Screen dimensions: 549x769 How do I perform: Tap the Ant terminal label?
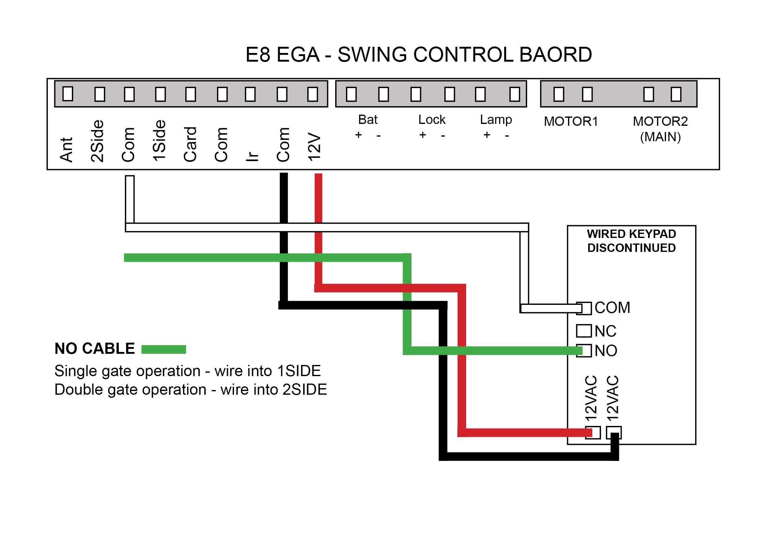coord(66,149)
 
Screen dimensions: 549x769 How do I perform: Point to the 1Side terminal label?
coord(159,141)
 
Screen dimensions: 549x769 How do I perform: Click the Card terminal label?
coord(190,144)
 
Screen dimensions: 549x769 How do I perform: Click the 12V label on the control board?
coord(314,147)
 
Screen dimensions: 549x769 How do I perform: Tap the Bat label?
coord(367,120)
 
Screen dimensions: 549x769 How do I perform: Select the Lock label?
coord(432,120)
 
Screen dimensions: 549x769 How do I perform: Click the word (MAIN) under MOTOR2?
coord(660,137)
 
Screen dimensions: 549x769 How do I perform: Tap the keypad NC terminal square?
coord(584,331)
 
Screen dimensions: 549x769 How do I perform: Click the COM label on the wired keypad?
coord(612,308)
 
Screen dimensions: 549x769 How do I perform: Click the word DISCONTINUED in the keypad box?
coord(631,248)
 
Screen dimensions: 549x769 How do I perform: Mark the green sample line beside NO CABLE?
coord(163,349)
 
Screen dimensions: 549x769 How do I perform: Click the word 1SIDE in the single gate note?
coord(298,371)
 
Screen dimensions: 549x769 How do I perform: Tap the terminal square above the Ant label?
coord(68,94)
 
